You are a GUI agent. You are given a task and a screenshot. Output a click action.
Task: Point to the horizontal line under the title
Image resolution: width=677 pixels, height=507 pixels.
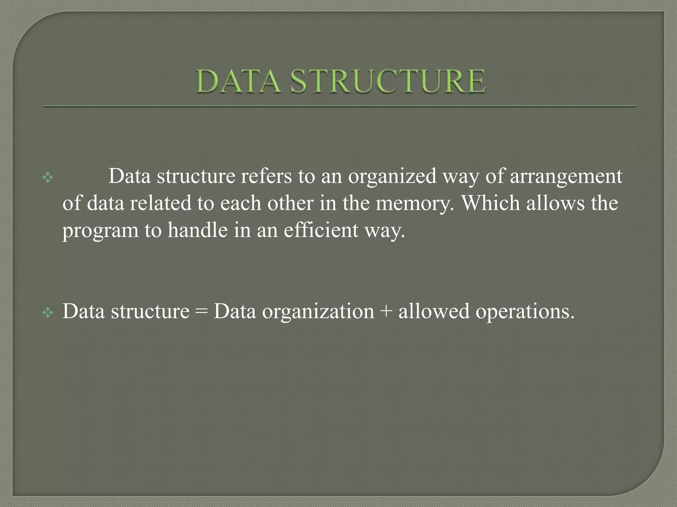(339, 106)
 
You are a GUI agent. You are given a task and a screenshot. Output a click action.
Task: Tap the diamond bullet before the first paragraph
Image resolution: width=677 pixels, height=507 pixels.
(48, 178)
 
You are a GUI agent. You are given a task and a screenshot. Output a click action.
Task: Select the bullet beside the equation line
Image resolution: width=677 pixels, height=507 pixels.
(48, 313)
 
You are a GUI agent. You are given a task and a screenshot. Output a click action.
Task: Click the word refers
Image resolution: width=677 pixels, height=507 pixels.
(266, 176)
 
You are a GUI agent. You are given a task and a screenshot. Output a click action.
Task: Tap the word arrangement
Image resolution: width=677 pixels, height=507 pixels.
(566, 177)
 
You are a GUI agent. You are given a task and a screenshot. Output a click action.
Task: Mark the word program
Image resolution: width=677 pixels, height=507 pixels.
(100, 231)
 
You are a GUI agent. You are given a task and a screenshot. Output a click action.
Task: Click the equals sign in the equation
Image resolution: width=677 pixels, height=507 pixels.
(201, 312)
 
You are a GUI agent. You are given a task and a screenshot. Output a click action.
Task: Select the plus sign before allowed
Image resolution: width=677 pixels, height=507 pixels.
(386, 312)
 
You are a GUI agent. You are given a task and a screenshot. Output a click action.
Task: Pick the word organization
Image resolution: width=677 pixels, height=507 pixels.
(318, 312)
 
